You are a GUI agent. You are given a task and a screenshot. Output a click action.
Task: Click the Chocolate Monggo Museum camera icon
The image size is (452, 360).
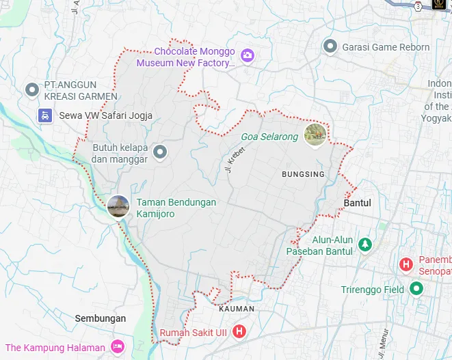[x=248, y=55]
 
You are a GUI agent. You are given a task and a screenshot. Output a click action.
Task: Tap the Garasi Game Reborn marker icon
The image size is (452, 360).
[x=330, y=46]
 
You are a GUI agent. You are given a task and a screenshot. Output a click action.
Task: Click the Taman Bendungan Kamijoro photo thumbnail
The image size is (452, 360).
[x=118, y=206]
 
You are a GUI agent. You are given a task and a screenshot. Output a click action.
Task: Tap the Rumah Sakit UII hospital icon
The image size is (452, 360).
[x=239, y=333]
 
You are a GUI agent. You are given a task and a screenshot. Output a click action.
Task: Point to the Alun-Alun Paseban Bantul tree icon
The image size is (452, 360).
[x=365, y=244]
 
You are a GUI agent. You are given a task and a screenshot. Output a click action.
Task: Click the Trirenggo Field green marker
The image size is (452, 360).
[x=416, y=289]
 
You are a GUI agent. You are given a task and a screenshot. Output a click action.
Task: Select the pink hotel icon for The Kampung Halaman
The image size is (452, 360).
[x=117, y=347]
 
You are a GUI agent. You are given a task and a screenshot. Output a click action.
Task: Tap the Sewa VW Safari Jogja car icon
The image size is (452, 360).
[x=45, y=115]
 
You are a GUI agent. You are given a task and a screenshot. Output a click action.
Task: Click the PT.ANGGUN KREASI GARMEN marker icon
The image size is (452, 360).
[x=31, y=89]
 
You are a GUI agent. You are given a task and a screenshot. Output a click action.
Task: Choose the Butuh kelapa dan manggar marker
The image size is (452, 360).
[x=160, y=151]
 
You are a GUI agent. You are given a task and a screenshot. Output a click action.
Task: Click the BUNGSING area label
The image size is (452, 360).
[x=303, y=174]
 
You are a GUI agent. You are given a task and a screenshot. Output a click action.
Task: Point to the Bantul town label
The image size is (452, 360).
[x=357, y=203]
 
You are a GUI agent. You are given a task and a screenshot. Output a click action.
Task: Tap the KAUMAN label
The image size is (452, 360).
[x=237, y=309]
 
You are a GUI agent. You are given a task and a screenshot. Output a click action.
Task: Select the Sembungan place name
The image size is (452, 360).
[x=101, y=318]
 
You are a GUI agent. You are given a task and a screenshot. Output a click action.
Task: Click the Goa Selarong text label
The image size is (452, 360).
[x=269, y=137]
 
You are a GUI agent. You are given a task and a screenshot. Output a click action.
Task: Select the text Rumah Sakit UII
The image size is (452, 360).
[x=194, y=333]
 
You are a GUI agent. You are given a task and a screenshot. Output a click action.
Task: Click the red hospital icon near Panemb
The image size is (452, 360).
[x=406, y=264]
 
